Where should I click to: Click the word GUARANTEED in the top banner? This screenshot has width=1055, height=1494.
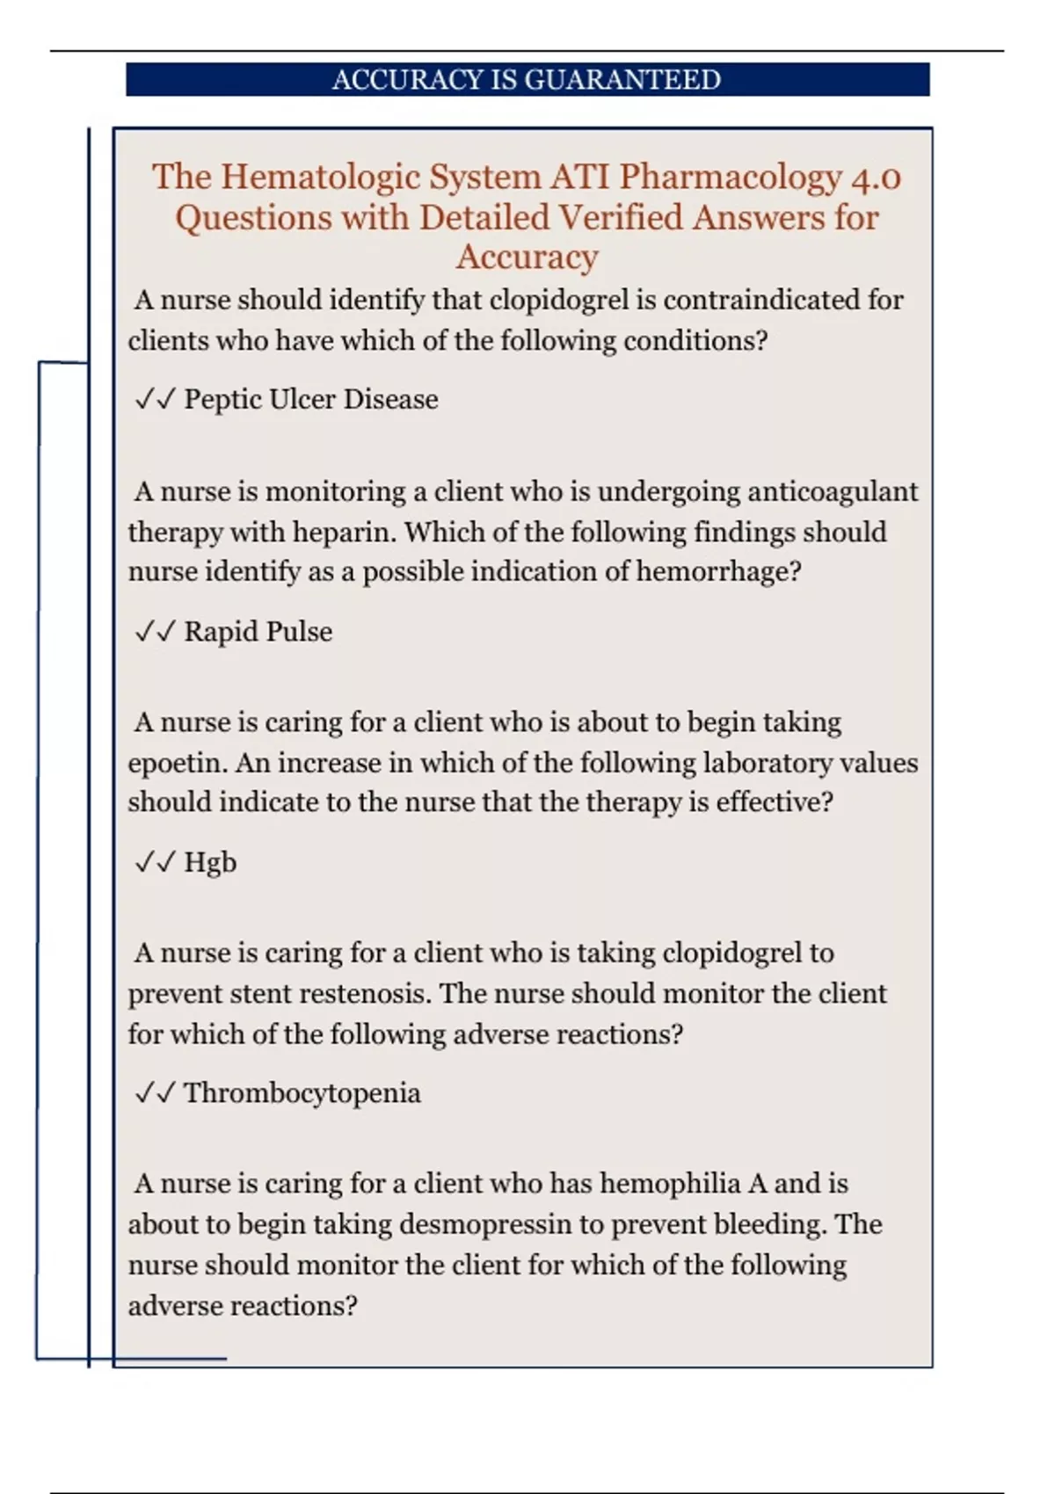point(622,80)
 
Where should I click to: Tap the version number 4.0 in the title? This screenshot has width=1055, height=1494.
point(876,177)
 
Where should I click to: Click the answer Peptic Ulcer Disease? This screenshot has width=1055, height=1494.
point(310,400)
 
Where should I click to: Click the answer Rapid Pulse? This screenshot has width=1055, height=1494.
point(258,632)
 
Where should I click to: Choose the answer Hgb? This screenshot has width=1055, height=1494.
point(210,863)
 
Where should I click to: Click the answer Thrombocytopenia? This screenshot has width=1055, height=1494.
point(302,1093)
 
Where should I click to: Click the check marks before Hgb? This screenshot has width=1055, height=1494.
point(156,863)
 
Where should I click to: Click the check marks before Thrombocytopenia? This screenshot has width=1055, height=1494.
point(156,1093)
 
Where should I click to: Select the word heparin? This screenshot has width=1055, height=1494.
point(343,533)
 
